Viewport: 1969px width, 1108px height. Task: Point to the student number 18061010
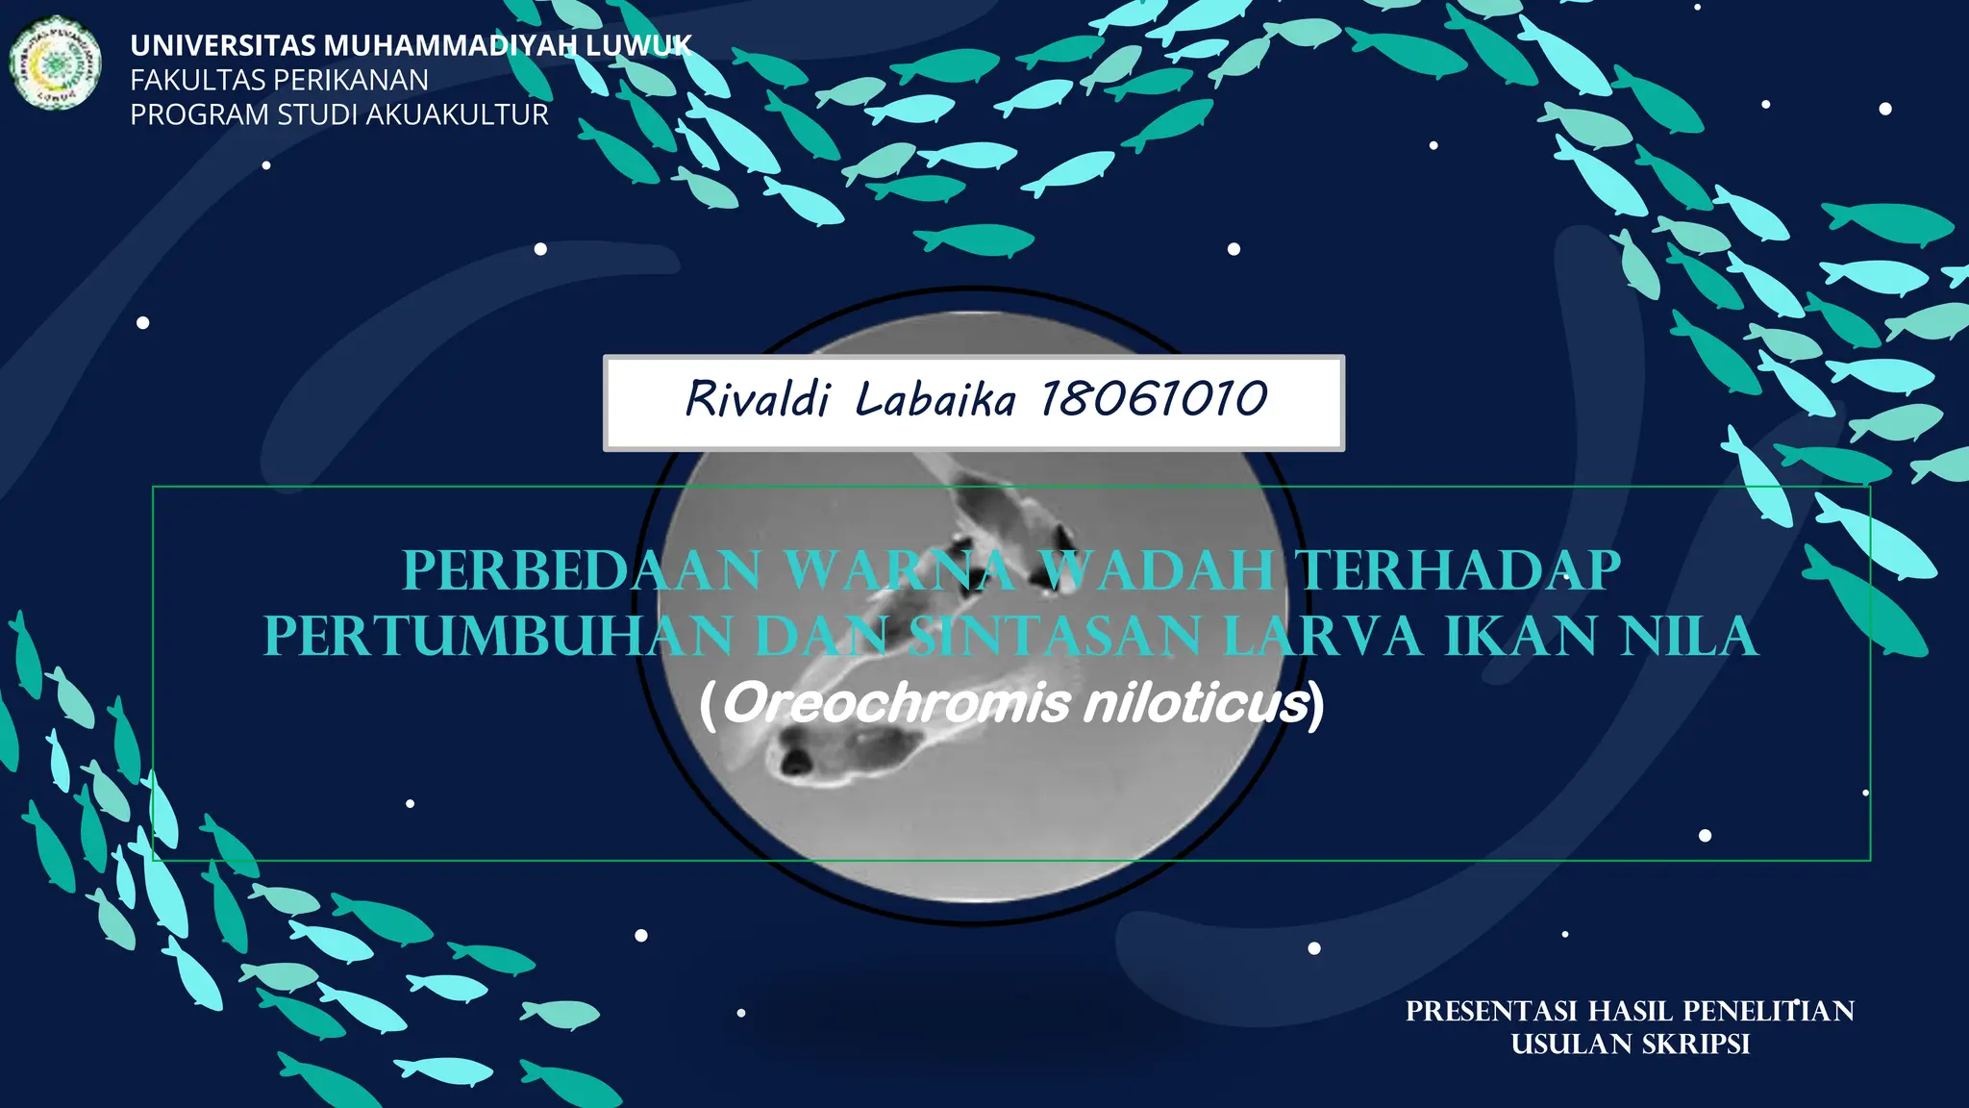(x=1154, y=399)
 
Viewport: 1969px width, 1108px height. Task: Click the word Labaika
(x=935, y=399)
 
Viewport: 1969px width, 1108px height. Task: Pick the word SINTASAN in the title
(x=1055, y=637)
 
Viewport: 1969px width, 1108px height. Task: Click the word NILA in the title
(x=1689, y=637)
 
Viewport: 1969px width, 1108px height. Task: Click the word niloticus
(x=1196, y=704)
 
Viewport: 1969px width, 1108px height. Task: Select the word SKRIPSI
(x=1695, y=1045)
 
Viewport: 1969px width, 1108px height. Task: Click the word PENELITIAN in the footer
(x=1768, y=1012)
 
